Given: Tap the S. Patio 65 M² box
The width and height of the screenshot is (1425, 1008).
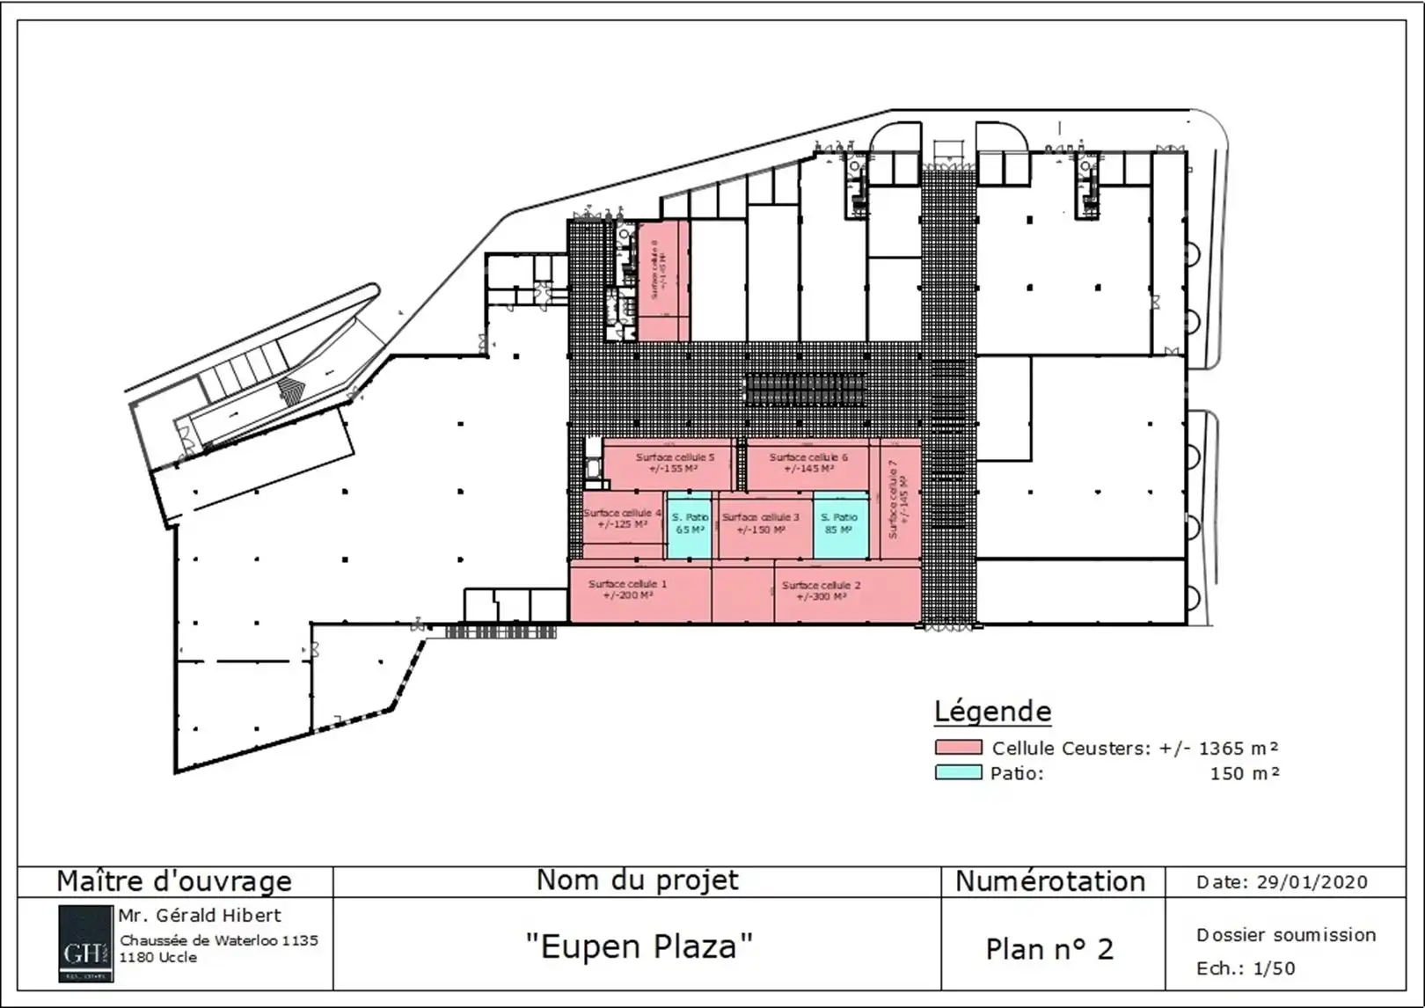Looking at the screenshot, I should coord(690,524).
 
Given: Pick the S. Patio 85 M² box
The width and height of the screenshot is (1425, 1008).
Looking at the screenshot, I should coord(839,524).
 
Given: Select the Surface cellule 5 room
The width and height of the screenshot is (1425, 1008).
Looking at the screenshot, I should coord(675,464).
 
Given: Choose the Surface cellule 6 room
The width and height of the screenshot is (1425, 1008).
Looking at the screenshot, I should coord(808,464).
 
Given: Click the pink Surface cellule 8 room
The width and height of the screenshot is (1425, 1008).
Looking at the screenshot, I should coord(662,280).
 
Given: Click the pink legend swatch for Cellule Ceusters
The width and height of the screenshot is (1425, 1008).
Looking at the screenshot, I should coord(958,748).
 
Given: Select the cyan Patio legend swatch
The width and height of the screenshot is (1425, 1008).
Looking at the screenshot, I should coord(958,773).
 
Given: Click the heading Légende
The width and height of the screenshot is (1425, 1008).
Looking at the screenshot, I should coord(992,711).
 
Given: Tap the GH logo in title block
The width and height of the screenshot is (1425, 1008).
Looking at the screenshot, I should coord(85,943).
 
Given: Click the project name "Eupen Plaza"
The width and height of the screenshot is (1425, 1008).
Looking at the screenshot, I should coord(639,946).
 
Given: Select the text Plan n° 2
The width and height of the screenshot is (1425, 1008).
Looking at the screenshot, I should coord(1049,949).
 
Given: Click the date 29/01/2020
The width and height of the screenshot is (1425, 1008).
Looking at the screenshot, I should coord(1312,882).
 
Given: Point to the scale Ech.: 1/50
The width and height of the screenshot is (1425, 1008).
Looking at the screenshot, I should coord(1246,968).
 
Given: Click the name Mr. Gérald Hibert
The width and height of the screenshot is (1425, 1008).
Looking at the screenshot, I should coord(201,915).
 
